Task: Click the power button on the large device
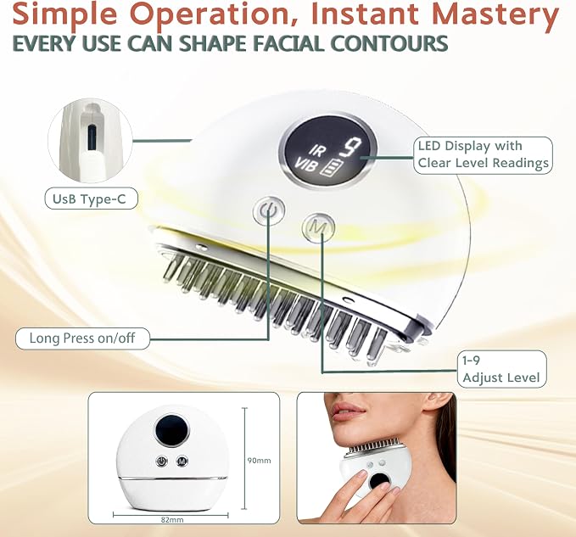(269, 211)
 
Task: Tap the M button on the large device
(318, 227)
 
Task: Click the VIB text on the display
(305, 165)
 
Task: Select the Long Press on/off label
(82, 338)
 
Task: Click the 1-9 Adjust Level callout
(501, 369)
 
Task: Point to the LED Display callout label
(483, 154)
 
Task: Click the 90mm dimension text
(259, 461)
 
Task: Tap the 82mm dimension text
(172, 520)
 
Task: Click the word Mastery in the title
(495, 14)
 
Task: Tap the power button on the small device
(162, 461)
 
